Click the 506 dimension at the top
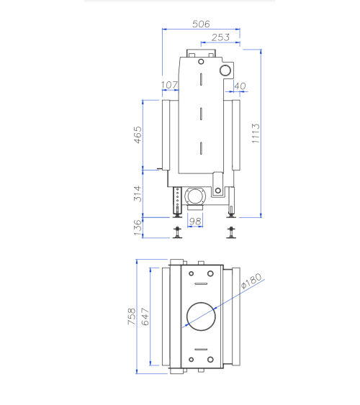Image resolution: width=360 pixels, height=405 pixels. point(201,24)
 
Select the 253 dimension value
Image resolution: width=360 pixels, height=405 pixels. point(221,37)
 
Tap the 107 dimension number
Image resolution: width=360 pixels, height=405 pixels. point(169,86)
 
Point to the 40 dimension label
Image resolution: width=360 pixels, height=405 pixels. point(240,86)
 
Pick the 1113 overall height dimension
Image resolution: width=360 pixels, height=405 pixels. point(256,134)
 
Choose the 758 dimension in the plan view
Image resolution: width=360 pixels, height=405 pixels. point(132,317)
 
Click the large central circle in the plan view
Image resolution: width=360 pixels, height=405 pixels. point(201,317)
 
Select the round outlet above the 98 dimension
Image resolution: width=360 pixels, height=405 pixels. point(194,196)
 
